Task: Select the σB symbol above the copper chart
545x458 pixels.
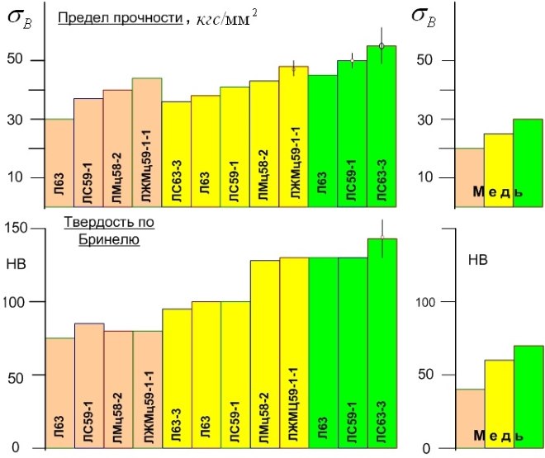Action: [x=424, y=20]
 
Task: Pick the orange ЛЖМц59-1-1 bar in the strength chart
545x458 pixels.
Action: [x=147, y=140]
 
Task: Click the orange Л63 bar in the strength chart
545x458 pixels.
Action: [x=59, y=161]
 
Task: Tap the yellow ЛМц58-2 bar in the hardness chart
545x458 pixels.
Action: [x=263, y=355]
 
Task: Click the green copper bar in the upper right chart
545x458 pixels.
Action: [x=528, y=161]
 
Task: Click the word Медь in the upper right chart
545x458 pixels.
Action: [x=497, y=192]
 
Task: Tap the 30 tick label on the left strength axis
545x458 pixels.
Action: [x=17, y=120]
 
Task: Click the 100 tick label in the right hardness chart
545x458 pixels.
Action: [x=423, y=301]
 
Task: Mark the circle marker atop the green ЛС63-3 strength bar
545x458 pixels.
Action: [x=381, y=46]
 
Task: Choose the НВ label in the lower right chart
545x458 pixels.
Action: [x=477, y=260]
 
